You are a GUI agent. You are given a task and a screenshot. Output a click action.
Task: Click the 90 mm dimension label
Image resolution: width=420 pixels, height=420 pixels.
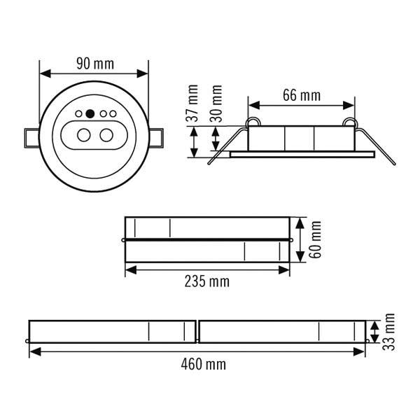pos(95,64)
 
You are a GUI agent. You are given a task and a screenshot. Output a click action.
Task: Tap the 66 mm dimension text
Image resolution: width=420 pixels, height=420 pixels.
pos(302,96)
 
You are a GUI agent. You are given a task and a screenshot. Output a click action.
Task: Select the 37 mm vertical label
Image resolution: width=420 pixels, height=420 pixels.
pos(192,104)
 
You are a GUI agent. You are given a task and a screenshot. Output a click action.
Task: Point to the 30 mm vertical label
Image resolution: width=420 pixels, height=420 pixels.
pos(216,104)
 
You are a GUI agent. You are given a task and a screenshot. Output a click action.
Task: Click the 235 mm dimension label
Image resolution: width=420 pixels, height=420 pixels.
pos(207,281)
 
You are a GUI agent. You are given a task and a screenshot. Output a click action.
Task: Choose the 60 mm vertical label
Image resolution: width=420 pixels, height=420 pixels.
pos(315,239)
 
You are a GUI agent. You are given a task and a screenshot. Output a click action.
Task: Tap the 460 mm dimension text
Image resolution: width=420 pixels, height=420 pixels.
pos(204,365)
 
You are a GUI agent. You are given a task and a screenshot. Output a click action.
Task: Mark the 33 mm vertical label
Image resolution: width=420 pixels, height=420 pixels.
pos(388,332)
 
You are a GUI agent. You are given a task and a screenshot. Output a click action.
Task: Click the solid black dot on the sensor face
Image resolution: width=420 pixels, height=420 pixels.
pos(90,114)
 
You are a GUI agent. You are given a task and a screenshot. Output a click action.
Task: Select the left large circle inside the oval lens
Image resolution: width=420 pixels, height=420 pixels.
pos(84,135)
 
